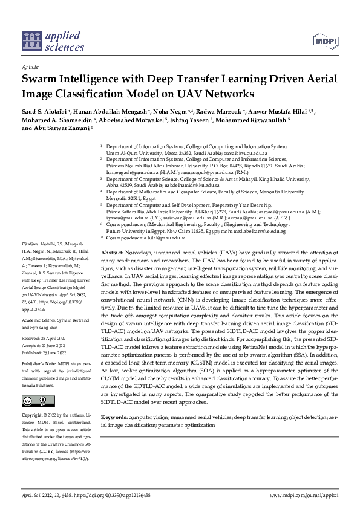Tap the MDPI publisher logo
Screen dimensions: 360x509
325,41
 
